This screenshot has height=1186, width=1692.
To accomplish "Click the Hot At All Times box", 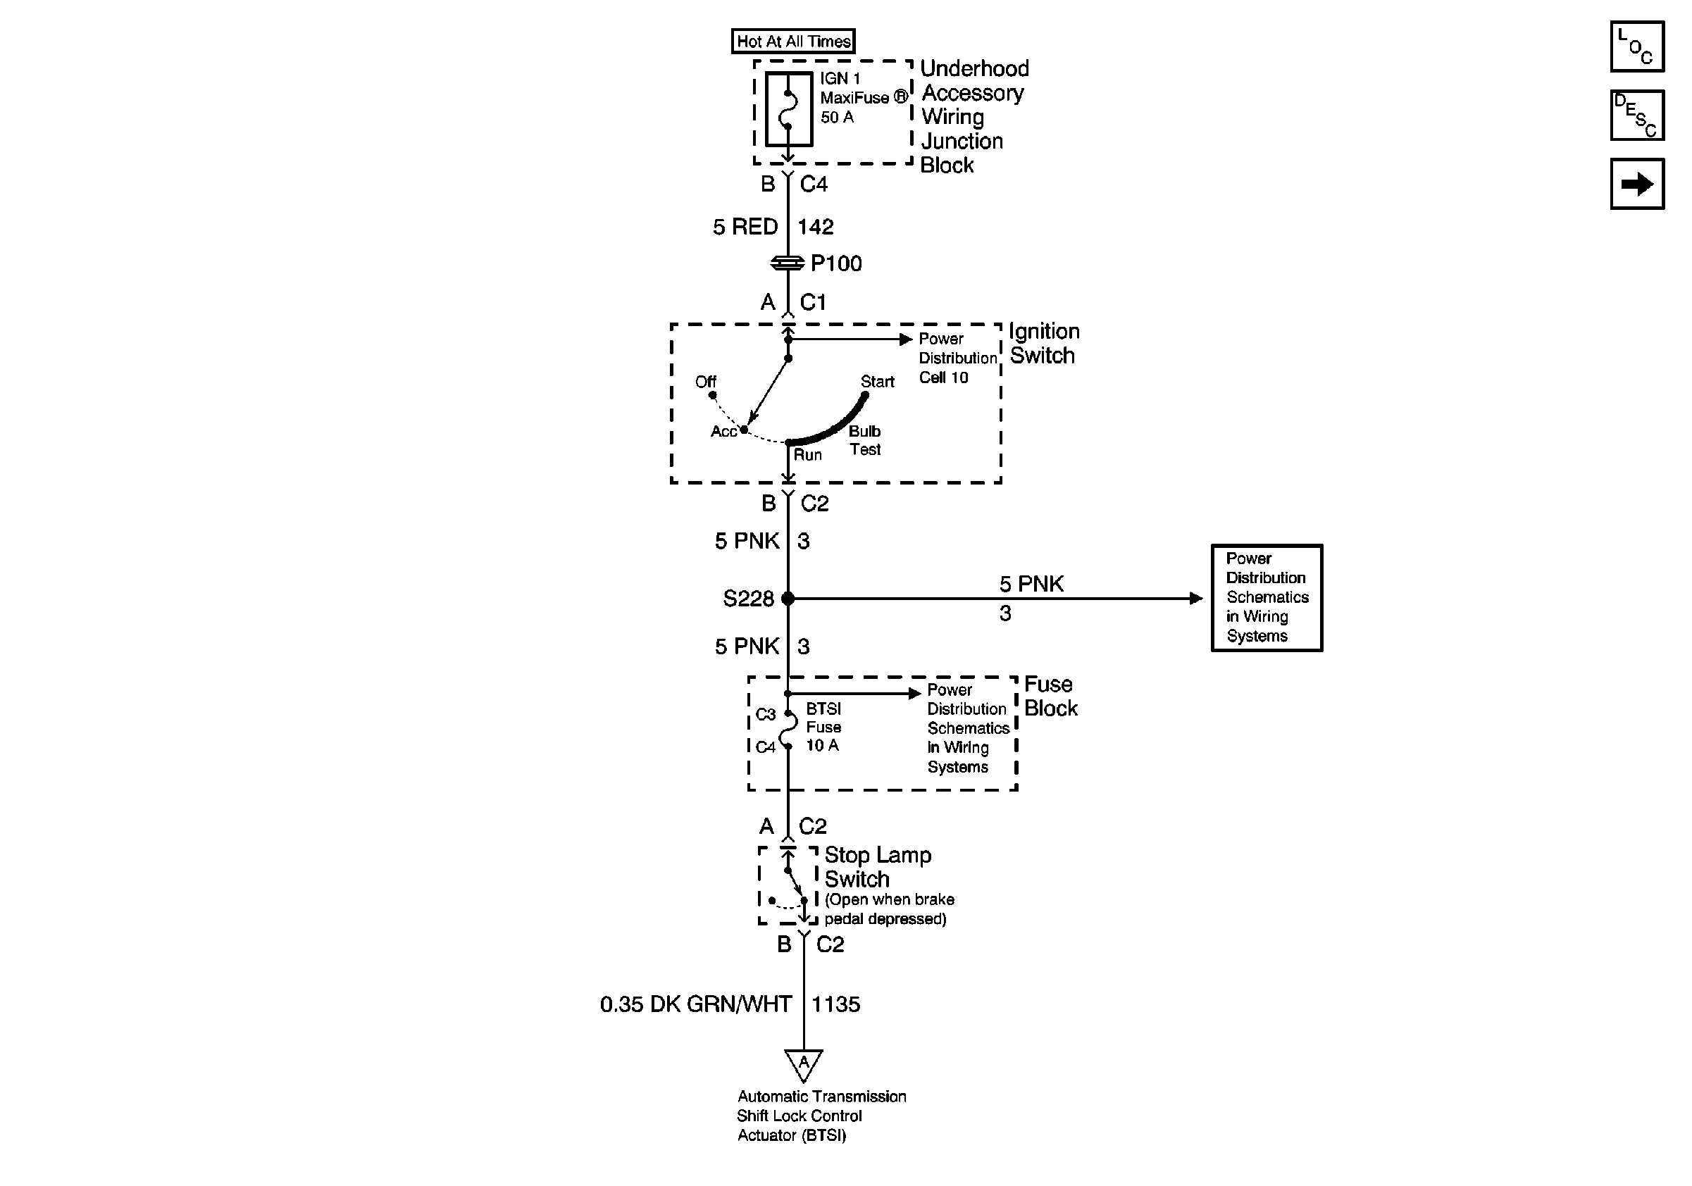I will (793, 42).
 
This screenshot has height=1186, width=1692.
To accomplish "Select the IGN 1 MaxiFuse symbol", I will (788, 109).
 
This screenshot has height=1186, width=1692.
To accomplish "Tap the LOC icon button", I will (1637, 46).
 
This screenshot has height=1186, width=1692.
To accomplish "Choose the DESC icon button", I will (1637, 115).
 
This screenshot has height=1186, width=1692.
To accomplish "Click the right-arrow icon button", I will (1637, 184).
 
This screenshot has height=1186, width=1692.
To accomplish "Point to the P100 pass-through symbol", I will (787, 263).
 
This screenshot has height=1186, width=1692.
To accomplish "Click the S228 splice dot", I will (788, 598).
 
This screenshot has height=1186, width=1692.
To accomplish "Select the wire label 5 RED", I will (745, 226).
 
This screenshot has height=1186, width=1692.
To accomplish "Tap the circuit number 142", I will (815, 226).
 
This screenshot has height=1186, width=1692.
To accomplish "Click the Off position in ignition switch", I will (705, 382).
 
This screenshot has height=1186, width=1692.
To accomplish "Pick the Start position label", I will (877, 382).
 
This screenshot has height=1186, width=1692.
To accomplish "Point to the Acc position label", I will (723, 432).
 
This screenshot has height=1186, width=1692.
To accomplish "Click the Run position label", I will (808, 455).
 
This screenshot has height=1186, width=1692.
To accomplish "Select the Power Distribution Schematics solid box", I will (1267, 597).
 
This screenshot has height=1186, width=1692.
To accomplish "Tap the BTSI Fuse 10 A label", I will (823, 727).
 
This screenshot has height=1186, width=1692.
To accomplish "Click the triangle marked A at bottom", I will (803, 1063).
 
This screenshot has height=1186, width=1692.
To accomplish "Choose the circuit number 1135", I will (835, 1004).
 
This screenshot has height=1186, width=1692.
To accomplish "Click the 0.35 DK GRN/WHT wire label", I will (696, 1004).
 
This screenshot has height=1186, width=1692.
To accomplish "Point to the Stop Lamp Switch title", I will (877, 867).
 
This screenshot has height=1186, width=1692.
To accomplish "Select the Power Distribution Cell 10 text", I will (957, 358).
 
